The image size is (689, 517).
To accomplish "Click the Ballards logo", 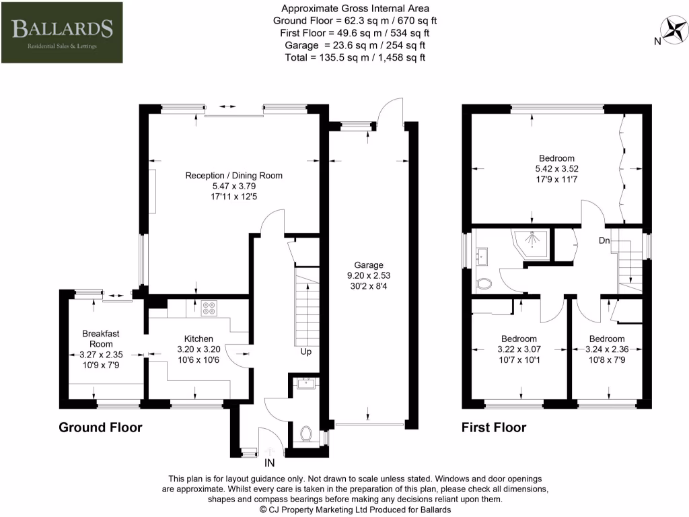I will [x=61, y=32].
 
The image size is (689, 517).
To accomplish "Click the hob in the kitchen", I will [x=209, y=307].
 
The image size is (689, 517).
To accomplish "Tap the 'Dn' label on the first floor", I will [x=606, y=240].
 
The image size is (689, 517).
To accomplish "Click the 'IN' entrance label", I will [x=270, y=462].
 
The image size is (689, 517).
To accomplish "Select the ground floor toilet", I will [x=307, y=433].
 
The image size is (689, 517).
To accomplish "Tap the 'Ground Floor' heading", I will [x=100, y=427].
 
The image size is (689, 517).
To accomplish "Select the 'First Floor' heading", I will [x=494, y=427].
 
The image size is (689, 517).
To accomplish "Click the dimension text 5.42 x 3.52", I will [x=555, y=168].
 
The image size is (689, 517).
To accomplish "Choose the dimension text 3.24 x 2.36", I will [x=607, y=349].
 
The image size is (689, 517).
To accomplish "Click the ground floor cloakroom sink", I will [x=306, y=384].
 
